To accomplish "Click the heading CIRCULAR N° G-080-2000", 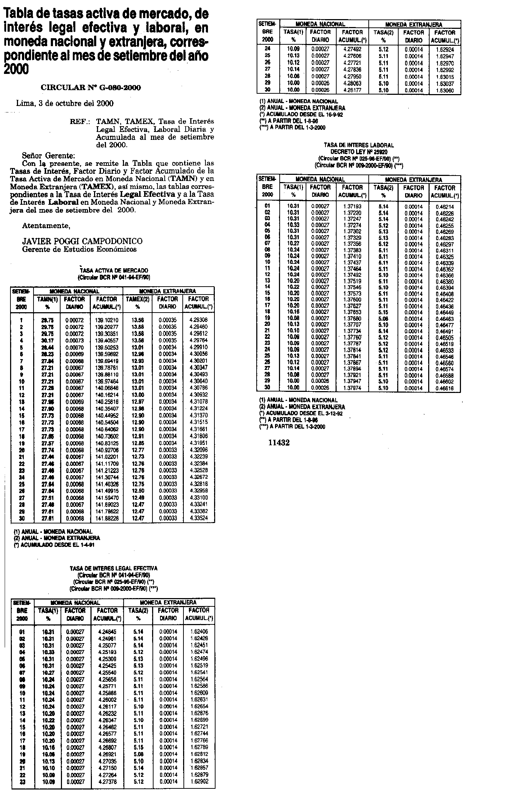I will [91, 88].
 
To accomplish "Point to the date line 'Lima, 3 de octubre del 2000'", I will [65, 103].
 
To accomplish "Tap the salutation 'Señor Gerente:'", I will [48, 156].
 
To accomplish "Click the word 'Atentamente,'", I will [46, 226].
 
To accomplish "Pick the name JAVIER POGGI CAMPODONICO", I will [82, 241].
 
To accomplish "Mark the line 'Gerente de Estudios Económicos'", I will [79, 249].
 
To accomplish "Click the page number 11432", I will [279, 443].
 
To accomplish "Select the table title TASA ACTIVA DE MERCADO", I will [114, 270].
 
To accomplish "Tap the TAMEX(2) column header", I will [137, 299].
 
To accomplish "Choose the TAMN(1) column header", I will [47, 299].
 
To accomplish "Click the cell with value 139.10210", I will [107, 320].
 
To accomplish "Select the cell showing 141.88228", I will [107, 518].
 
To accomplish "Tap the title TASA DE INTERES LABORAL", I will [359, 145].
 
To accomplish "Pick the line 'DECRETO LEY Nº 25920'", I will [359, 152].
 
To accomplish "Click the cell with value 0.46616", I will [444, 388].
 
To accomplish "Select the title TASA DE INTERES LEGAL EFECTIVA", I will [114, 569].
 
